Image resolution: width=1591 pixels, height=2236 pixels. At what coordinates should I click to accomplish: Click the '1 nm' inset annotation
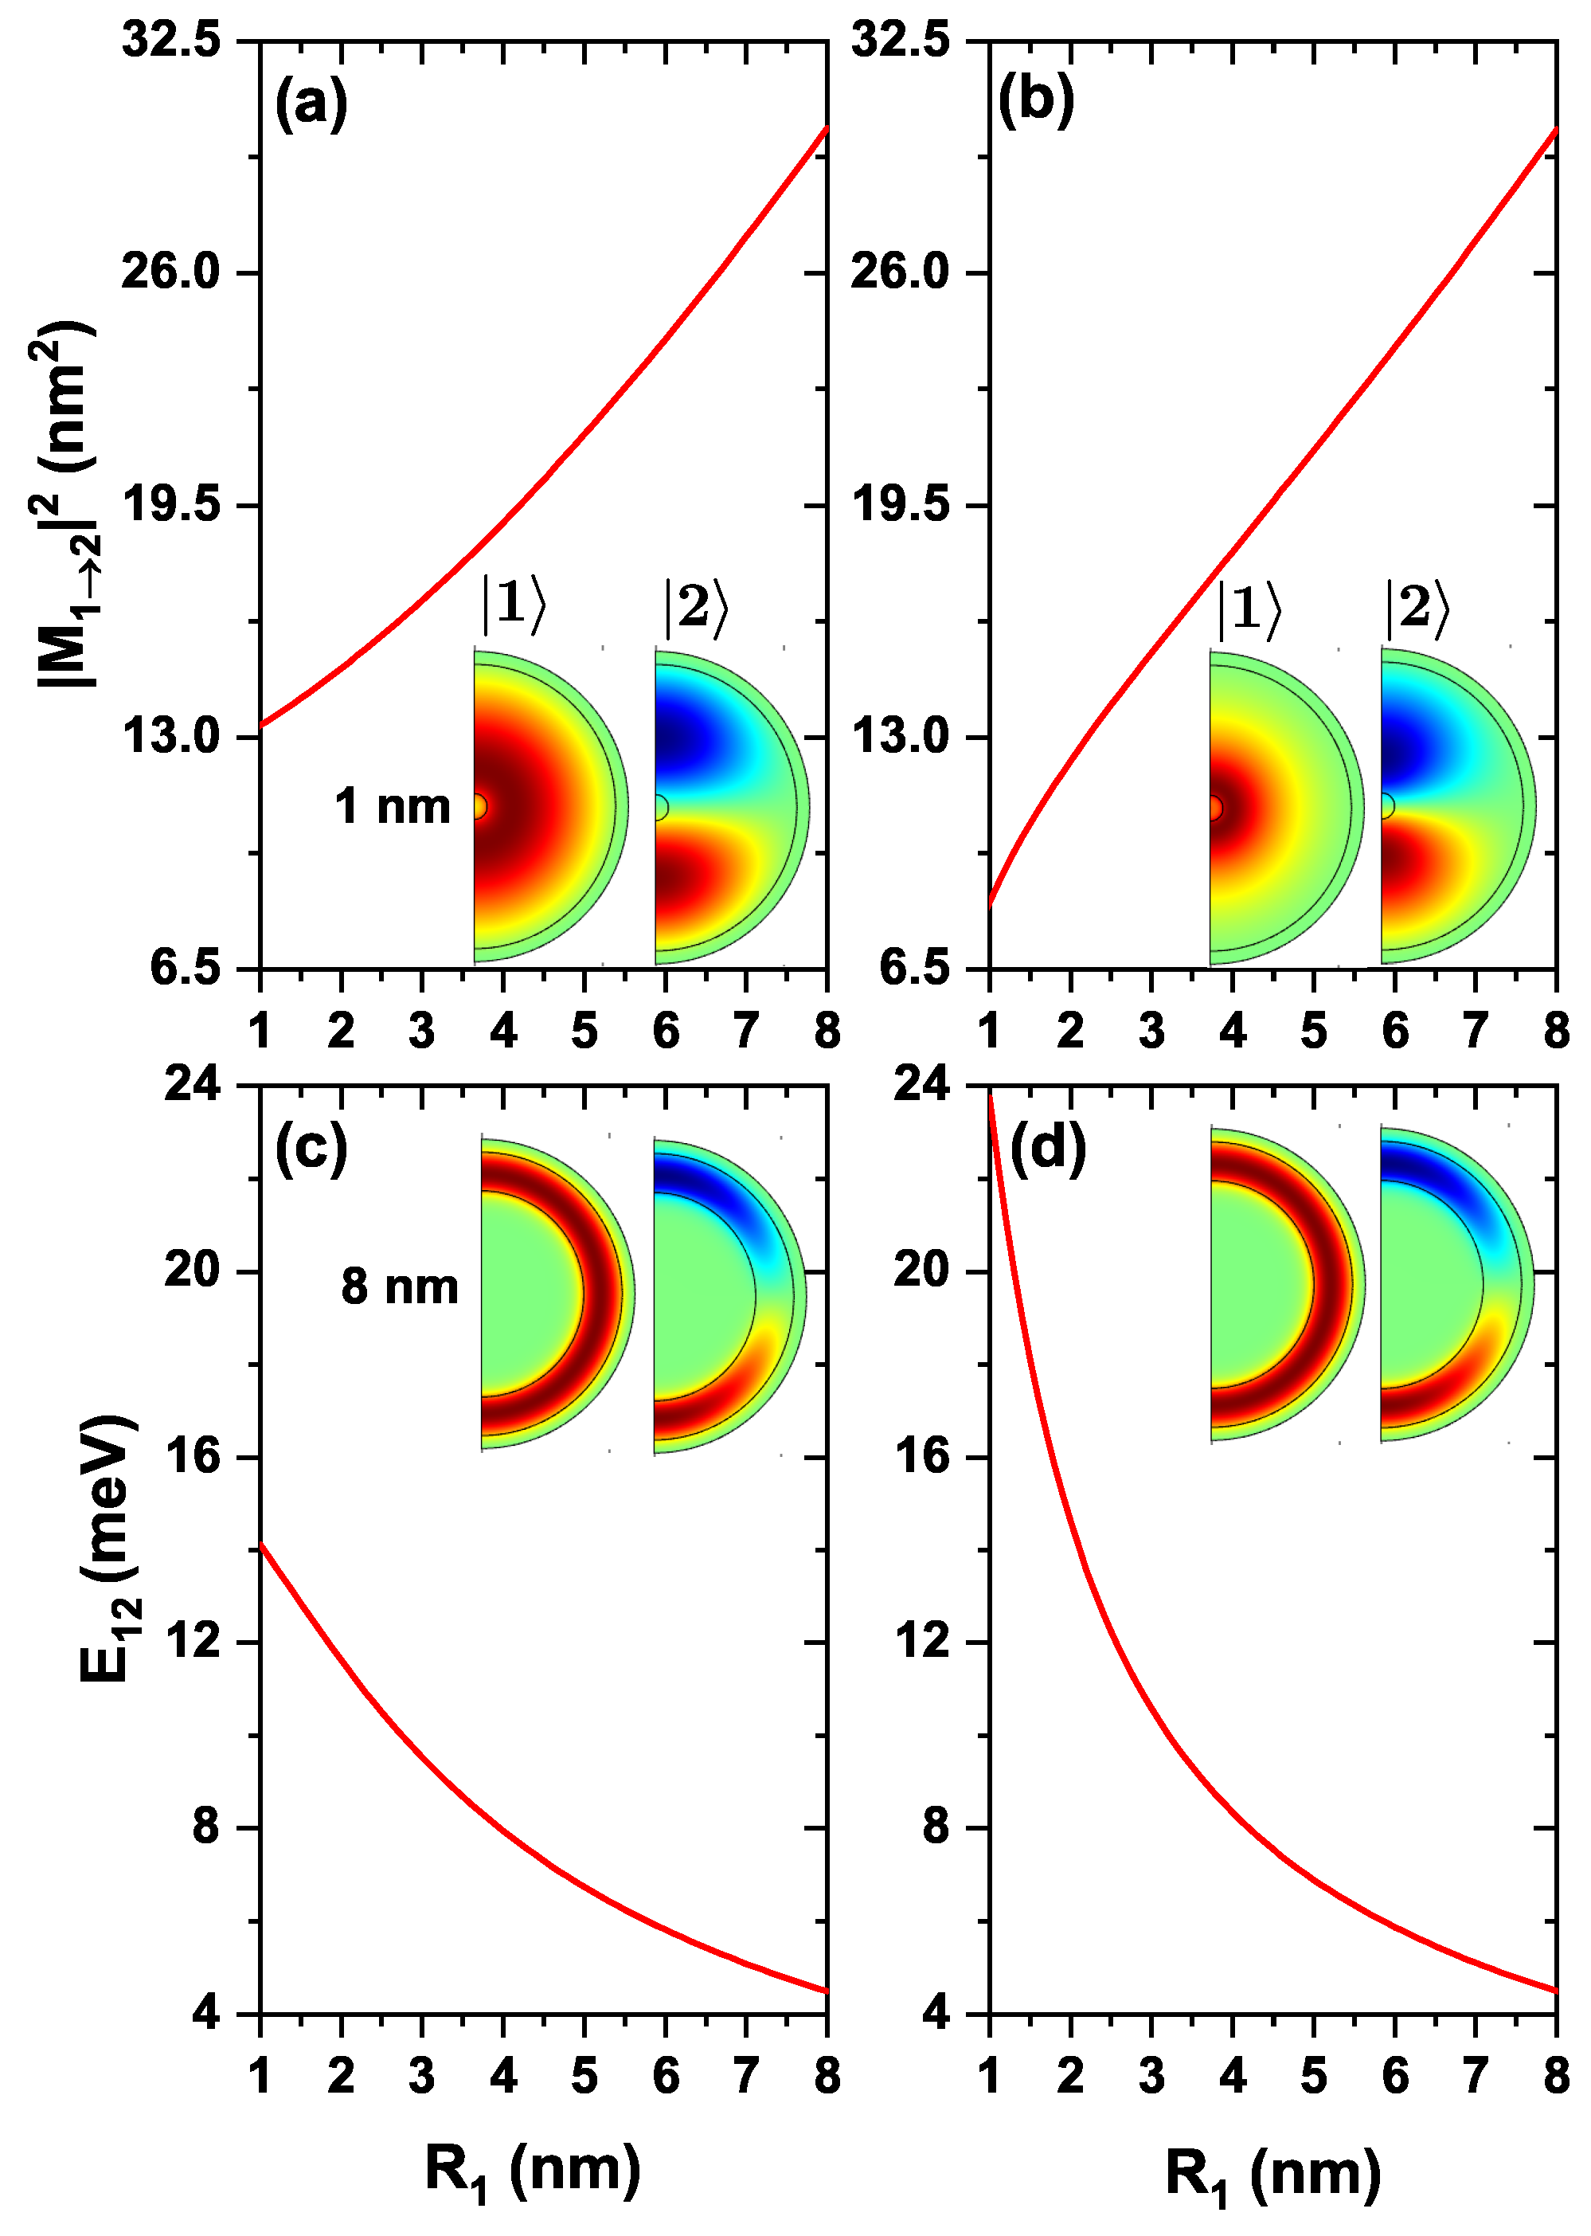[392, 806]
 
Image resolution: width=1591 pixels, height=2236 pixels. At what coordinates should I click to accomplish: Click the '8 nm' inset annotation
[400, 1286]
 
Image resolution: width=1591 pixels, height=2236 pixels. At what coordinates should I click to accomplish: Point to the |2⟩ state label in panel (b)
[1417, 608]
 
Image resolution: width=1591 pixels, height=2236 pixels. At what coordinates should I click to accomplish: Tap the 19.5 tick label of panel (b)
[901, 504]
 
